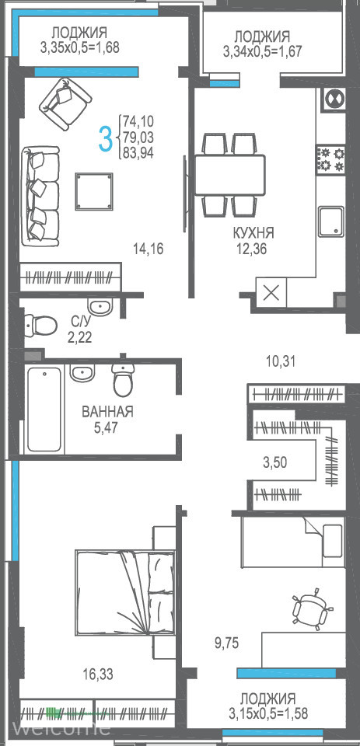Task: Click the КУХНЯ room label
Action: point(253,233)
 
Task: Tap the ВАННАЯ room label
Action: point(107,412)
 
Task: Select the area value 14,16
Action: point(149,249)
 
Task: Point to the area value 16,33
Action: point(98,674)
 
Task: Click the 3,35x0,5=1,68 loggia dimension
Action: point(79,47)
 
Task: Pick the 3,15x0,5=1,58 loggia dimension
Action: point(268,713)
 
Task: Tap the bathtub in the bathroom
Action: point(44,410)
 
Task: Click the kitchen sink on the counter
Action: point(331,221)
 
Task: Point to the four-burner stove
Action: point(330,159)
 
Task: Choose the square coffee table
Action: point(94,191)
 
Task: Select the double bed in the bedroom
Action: point(124,592)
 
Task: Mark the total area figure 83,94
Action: point(138,153)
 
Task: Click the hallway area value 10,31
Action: point(281,361)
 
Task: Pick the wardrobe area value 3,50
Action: point(275,462)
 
